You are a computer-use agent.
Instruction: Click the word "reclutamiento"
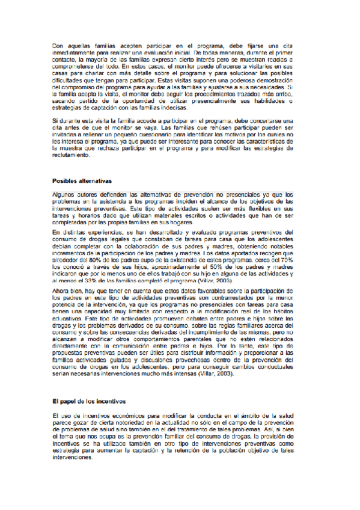(x=72, y=156)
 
